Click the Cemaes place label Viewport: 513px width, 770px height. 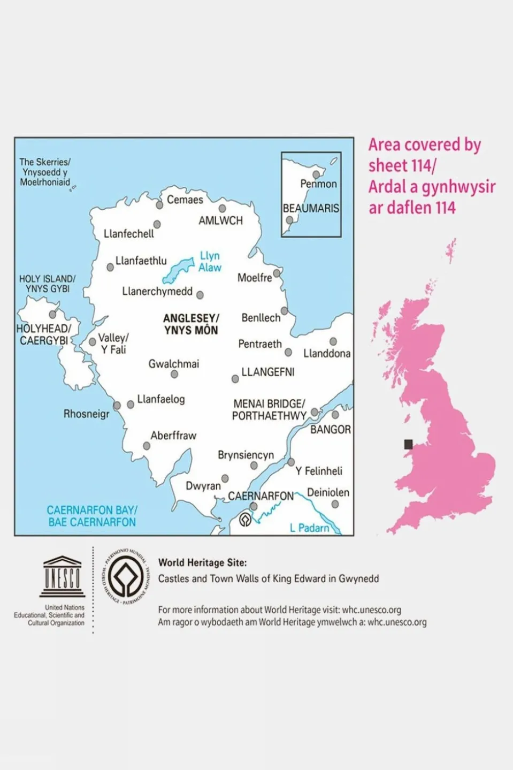click(185, 200)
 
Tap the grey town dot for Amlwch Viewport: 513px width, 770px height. click(222, 208)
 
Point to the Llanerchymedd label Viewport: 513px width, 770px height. click(157, 292)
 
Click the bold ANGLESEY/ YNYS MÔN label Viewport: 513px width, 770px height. click(191, 324)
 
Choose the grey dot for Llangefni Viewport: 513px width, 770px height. click(235, 379)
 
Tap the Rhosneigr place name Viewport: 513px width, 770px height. click(86, 414)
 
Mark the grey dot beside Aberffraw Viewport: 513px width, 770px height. click(147, 446)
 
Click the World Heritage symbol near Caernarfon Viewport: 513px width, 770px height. click(245, 520)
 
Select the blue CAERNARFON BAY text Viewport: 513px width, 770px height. click(92, 516)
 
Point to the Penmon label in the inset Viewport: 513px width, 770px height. click(318, 184)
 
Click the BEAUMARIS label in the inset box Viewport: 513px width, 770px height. click(311, 208)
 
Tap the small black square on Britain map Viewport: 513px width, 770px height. click(408, 444)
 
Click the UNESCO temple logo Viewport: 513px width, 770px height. click(62, 577)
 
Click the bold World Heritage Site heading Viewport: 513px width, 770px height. click(202, 562)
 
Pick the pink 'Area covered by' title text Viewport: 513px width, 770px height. click(425, 145)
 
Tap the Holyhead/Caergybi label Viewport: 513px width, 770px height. click(44, 334)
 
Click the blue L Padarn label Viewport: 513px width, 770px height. click(309, 528)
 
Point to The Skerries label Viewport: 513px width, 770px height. click(45, 172)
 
